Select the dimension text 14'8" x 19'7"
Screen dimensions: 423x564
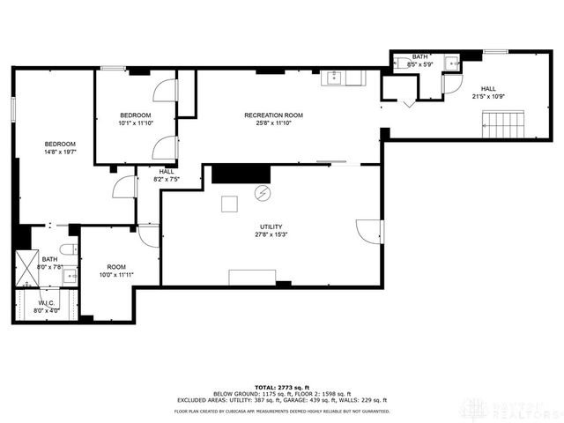coord(61,152)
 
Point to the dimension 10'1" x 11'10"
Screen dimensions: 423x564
coord(135,123)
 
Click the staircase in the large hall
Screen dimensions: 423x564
coord(505,123)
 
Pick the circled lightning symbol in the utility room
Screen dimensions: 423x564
coord(262,192)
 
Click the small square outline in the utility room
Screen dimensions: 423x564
coord(229,204)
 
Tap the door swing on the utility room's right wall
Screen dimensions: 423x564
coord(370,231)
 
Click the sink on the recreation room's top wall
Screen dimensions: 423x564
coord(335,78)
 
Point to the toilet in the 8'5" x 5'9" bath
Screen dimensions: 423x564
coord(399,63)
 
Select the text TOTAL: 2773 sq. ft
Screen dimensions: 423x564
coord(281,387)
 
